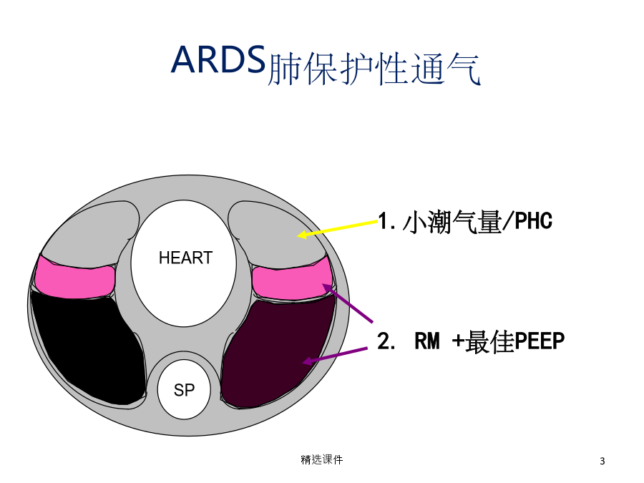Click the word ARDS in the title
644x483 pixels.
tap(218, 59)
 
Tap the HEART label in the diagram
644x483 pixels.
tap(185, 258)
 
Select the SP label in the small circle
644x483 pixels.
tap(184, 390)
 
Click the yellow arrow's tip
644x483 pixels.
tap(298, 235)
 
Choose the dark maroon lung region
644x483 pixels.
tap(277, 353)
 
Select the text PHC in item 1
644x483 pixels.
tap(534, 221)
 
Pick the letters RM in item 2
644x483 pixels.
tap(427, 341)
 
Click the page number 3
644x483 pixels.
tap(602, 461)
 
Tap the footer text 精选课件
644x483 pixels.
tap(322, 459)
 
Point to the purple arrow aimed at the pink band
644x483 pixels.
tap(348, 303)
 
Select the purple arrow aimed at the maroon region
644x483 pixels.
tap(335, 355)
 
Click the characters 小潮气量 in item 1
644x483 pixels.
tap(452, 222)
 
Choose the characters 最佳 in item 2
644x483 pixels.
tap(489, 342)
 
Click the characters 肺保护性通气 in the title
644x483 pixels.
tap(374, 69)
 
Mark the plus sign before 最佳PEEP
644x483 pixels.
tap(458, 342)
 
